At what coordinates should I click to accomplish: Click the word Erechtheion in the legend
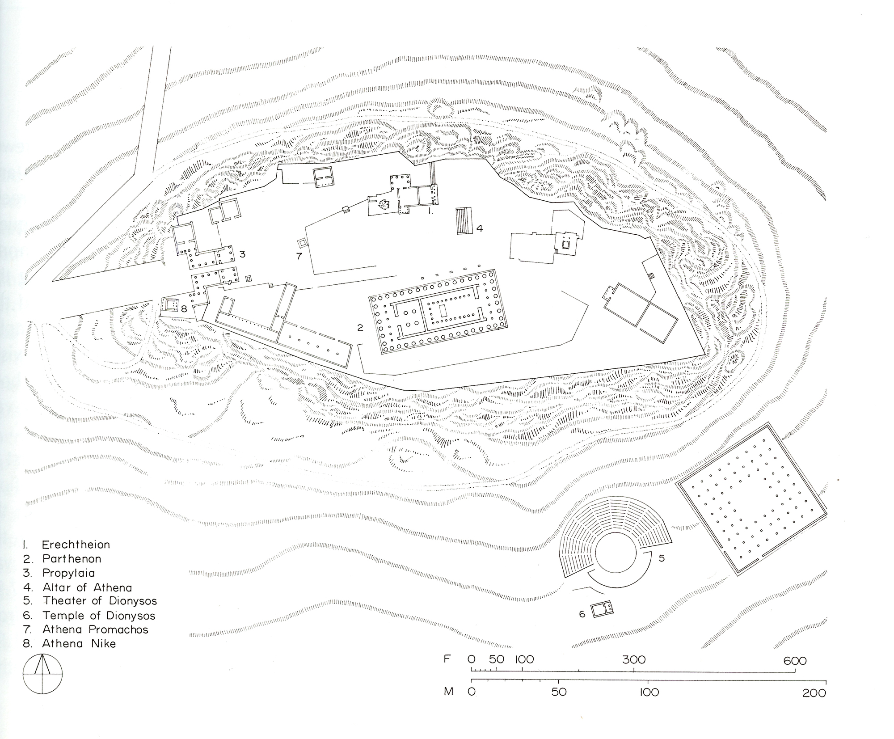pyautogui.click(x=76, y=545)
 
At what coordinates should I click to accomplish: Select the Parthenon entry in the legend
pyautogui.click(x=72, y=559)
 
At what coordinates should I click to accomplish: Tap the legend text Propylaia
pyautogui.click(x=68, y=573)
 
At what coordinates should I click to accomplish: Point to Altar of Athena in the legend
pyautogui.click(x=87, y=587)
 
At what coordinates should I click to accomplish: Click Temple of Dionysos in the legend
pyautogui.click(x=99, y=616)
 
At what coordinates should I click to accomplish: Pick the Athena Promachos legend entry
pyautogui.click(x=95, y=629)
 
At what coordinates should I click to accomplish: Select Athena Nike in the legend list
pyautogui.click(x=79, y=644)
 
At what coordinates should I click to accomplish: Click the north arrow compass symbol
pyautogui.click(x=43, y=674)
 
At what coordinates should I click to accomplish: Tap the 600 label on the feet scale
pyautogui.click(x=795, y=661)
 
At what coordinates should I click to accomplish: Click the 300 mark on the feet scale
pyautogui.click(x=634, y=660)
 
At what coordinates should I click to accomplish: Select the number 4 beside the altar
pyautogui.click(x=480, y=228)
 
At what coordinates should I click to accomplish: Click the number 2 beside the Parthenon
pyautogui.click(x=360, y=328)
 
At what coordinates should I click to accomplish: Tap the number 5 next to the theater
pyautogui.click(x=662, y=558)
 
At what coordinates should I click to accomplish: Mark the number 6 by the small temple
pyautogui.click(x=582, y=614)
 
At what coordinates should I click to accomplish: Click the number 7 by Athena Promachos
pyautogui.click(x=299, y=256)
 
